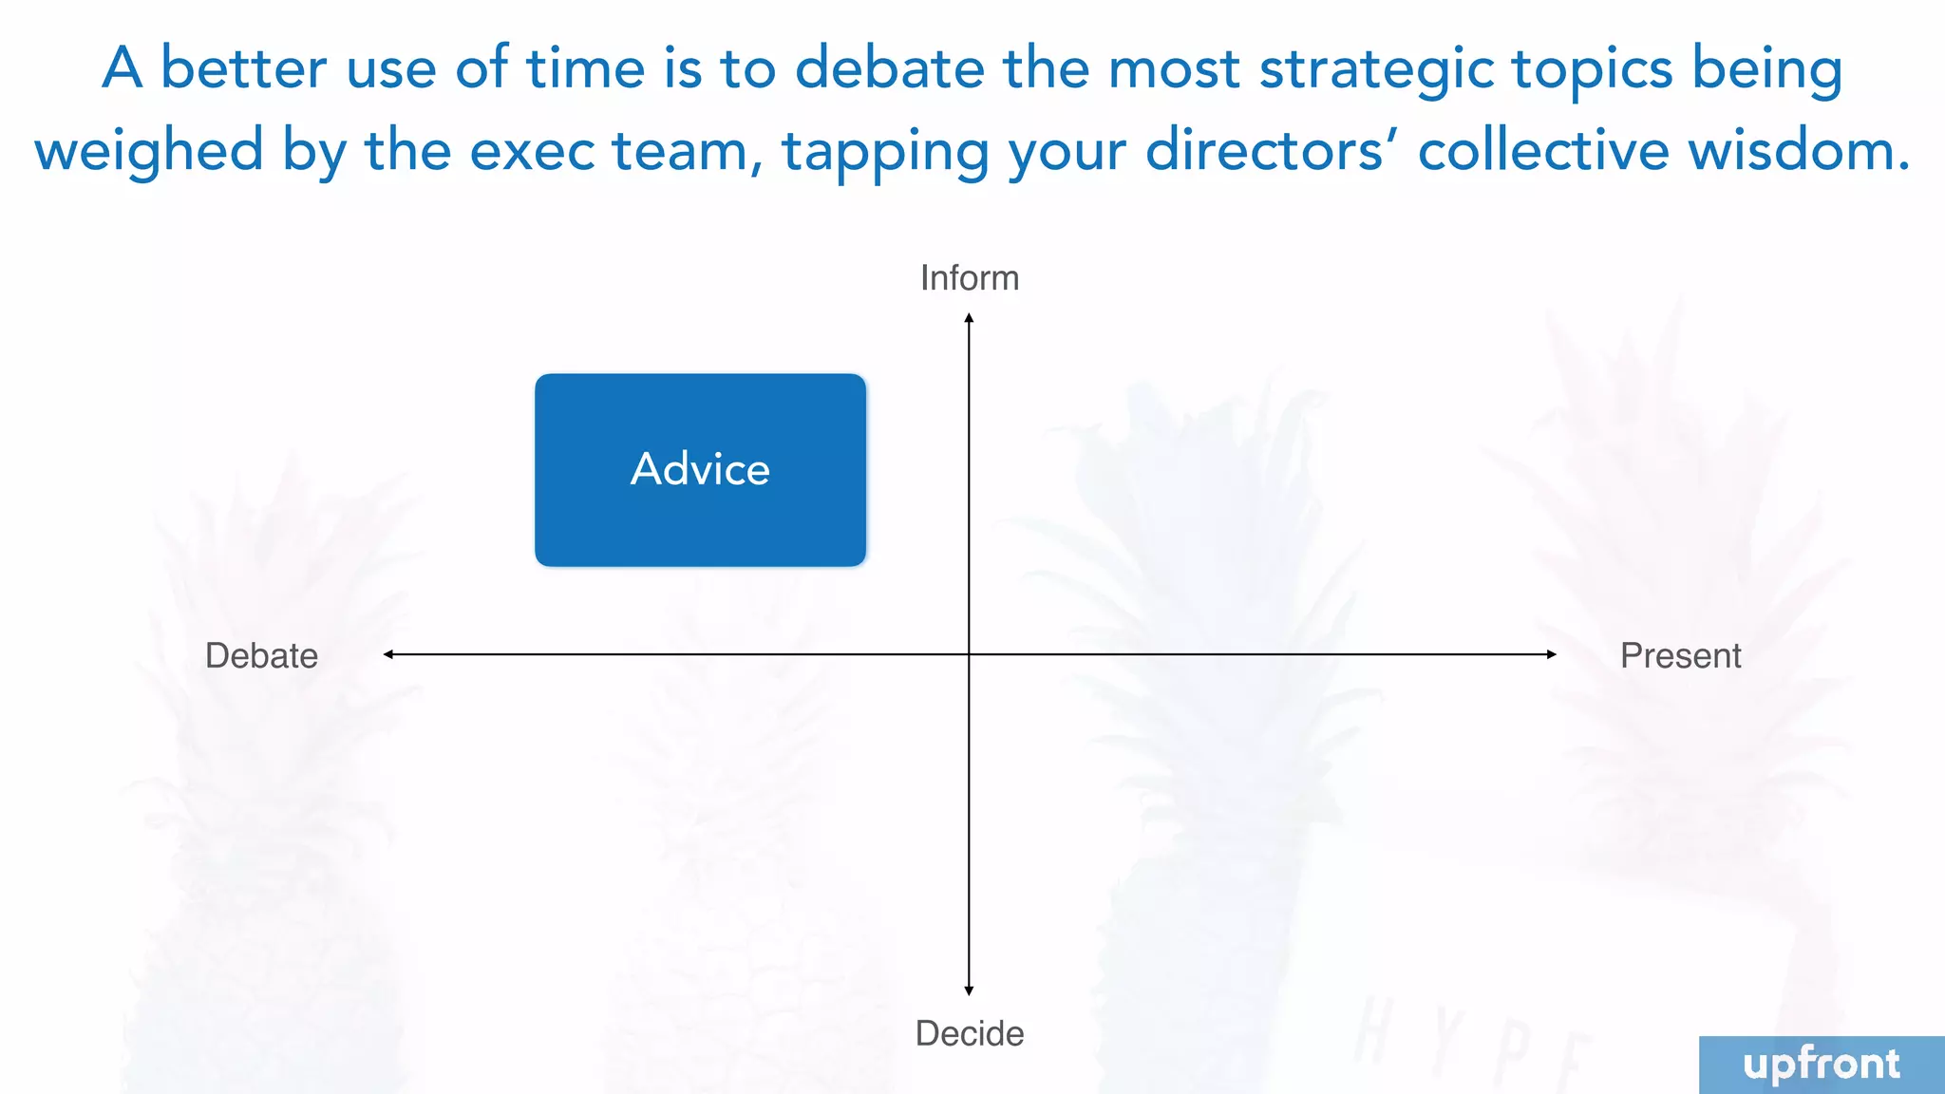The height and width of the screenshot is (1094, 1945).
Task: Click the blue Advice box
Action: (700, 470)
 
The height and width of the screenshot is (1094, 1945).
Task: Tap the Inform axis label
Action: (970, 278)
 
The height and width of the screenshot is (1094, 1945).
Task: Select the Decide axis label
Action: (970, 1033)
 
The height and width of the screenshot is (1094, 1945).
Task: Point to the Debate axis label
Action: (261, 656)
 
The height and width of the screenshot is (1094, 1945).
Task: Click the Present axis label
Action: (1680, 656)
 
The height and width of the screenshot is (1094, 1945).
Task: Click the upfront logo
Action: (1821, 1065)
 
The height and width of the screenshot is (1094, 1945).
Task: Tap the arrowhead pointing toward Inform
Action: (969, 319)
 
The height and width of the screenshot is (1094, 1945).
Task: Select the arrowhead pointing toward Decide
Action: (969, 990)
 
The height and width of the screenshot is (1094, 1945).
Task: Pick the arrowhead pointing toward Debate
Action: (388, 654)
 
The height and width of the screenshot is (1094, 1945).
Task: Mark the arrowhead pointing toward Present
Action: (1551, 654)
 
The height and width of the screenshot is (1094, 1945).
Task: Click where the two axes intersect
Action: (969, 654)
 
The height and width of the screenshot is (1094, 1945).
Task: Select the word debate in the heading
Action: (890, 69)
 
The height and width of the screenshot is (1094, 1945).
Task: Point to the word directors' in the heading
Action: (1272, 152)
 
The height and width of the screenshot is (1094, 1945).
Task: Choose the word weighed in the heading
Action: (149, 152)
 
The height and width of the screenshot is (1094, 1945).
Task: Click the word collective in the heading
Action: (1543, 152)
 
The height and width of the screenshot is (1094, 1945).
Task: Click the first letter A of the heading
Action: (123, 69)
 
